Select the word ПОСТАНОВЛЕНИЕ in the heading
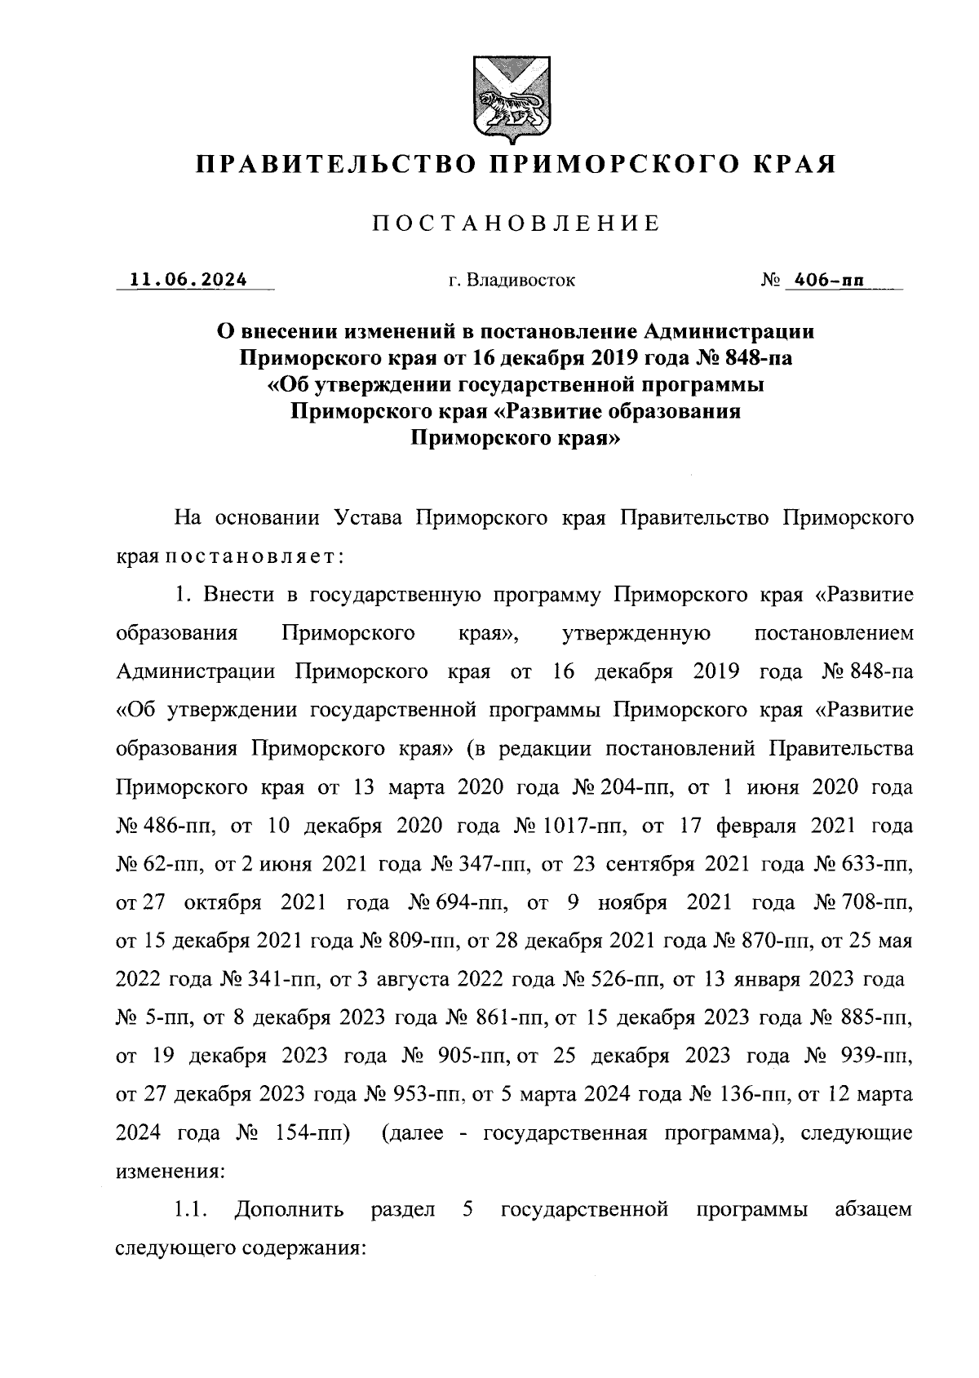[516, 224]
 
